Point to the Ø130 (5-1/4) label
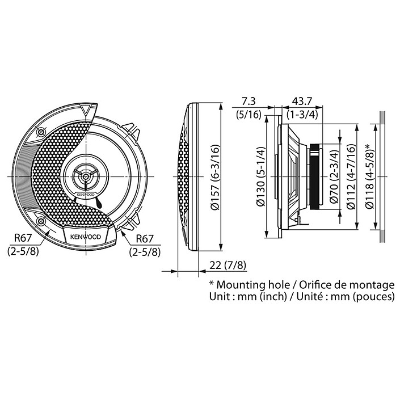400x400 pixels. click(262, 176)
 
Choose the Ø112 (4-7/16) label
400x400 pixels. click(353, 176)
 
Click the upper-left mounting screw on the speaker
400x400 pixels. click(40, 132)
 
